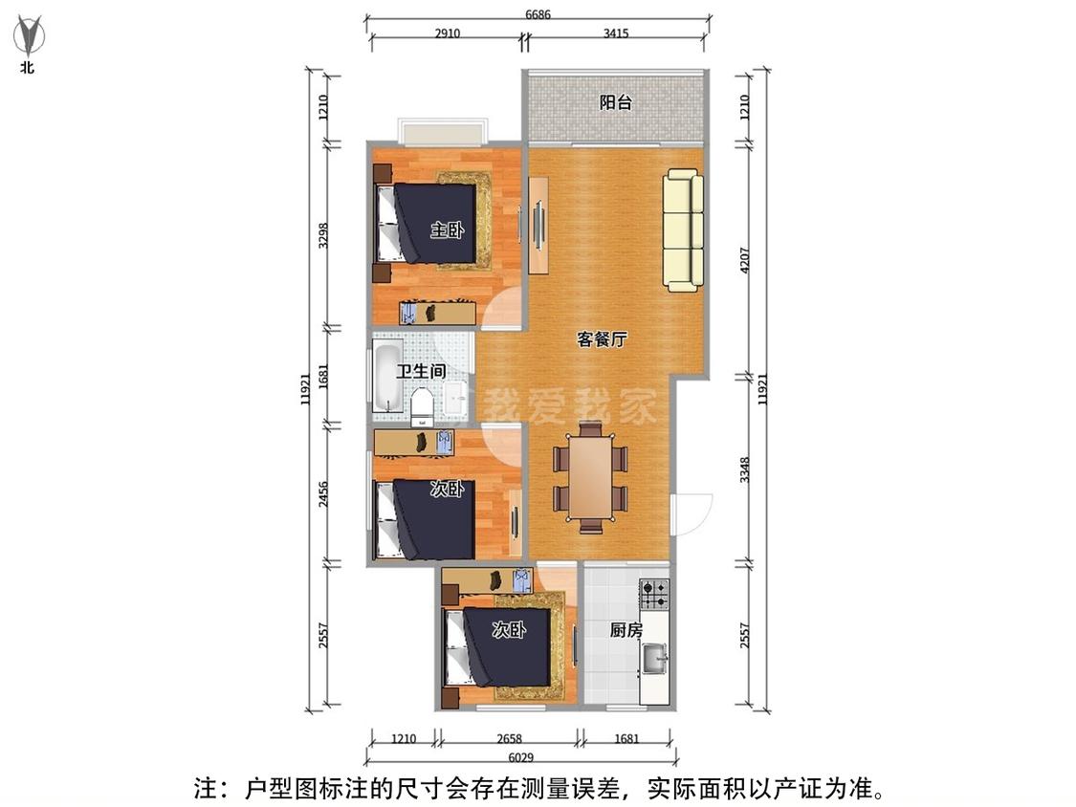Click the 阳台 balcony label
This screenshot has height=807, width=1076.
(x=615, y=102)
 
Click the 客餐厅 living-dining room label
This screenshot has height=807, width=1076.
(x=602, y=339)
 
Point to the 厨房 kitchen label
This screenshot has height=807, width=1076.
(x=626, y=630)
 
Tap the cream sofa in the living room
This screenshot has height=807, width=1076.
(x=683, y=229)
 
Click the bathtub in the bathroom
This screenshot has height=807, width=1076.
(x=386, y=378)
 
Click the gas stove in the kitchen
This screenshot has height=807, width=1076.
(x=654, y=594)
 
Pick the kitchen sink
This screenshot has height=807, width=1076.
(x=655, y=659)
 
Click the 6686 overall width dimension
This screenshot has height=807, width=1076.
(x=538, y=14)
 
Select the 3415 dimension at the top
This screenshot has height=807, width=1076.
(x=615, y=33)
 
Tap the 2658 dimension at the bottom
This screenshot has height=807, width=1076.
(x=510, y=738)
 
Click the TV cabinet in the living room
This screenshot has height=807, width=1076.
(x=538, y=225)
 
